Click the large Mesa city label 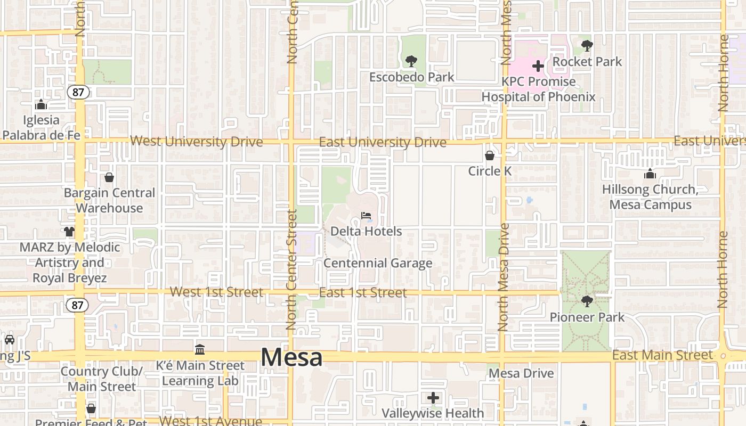[291, 357]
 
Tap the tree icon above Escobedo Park [411, 61]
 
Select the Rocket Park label [587, 62]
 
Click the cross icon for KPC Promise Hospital [538, 66]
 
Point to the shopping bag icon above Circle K [489, 155]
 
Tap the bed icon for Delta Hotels [366, 216]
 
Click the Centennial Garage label [378, 263]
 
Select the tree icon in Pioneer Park [587, 301]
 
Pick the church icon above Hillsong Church [650, 174]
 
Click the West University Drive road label [197, 142]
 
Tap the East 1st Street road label [363, 292]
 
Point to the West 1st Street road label [216, 292]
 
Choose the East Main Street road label [662, 355]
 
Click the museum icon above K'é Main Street [200, 349]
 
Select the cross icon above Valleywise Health [433, 397]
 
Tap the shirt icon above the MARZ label [69, 231]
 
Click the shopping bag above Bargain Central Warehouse [109, 177]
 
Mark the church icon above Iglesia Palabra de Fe [40, 104]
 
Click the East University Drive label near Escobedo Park [383, 142]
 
